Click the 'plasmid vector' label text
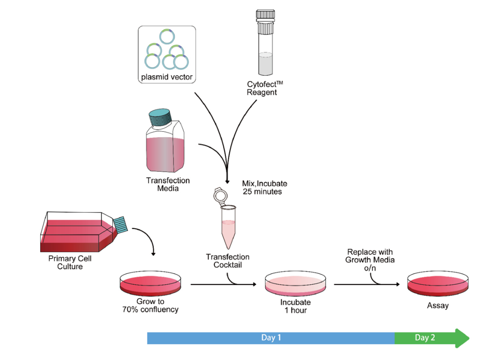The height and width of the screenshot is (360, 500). pos(167,77)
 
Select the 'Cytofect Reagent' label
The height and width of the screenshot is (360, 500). pos(264,88)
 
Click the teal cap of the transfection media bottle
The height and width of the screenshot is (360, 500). pos(160,117)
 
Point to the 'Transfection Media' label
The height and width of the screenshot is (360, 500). pos(168,185)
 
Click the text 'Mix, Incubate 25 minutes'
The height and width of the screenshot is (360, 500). pos(264,188)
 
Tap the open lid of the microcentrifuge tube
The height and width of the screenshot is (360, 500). pos(220,195)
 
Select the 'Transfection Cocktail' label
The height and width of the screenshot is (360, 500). pos(228,261)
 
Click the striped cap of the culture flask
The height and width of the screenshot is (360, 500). pos(120,224)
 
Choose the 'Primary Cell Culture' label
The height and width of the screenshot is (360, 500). pos(70,263)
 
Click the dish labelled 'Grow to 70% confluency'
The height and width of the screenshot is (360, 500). pos(151,283)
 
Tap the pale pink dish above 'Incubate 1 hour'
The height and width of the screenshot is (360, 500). pos(296,283)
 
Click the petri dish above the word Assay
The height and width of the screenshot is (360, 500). pos(438,283)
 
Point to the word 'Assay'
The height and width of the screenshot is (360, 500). pos(438,305)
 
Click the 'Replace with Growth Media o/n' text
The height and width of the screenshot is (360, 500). pos(370,260)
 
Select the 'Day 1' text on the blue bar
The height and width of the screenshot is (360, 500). pos(271,338)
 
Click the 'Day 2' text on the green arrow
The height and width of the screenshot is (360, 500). pos(425,338)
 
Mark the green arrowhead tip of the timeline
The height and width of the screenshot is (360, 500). pos(469,338)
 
